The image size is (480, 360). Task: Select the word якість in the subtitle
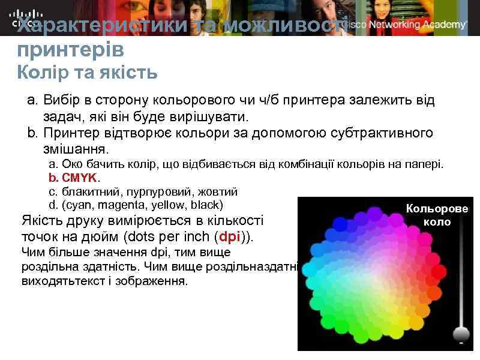tap(127, 73)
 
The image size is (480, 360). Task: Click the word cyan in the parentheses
tap(78, 205)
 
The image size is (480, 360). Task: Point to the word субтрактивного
tap(381, 132)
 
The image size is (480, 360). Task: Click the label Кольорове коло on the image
tap(436, 215)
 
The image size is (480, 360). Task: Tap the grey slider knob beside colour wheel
tap(461, 334)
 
